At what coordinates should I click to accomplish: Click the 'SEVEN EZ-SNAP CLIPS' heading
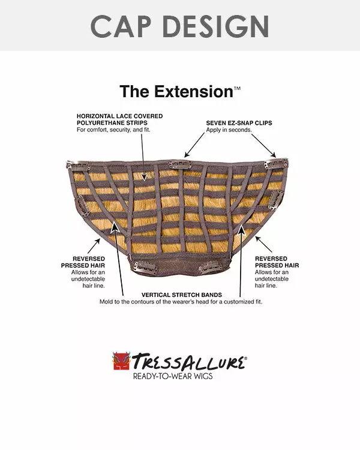coord(239,122)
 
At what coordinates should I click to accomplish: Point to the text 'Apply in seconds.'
coord(229,130)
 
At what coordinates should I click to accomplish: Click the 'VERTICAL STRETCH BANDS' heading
coord(181,295)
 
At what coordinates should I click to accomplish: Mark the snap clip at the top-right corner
coord(278,164)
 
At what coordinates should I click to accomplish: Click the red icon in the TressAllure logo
coord(121,361)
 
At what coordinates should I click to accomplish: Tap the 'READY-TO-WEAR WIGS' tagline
coord(173,376)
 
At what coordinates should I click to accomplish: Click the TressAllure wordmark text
coord(188,362)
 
